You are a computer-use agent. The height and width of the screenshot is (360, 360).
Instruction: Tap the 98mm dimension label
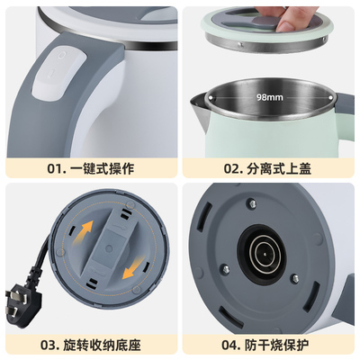tap(268, 95)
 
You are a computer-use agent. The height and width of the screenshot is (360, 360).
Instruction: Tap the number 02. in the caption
tap(232, 166)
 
